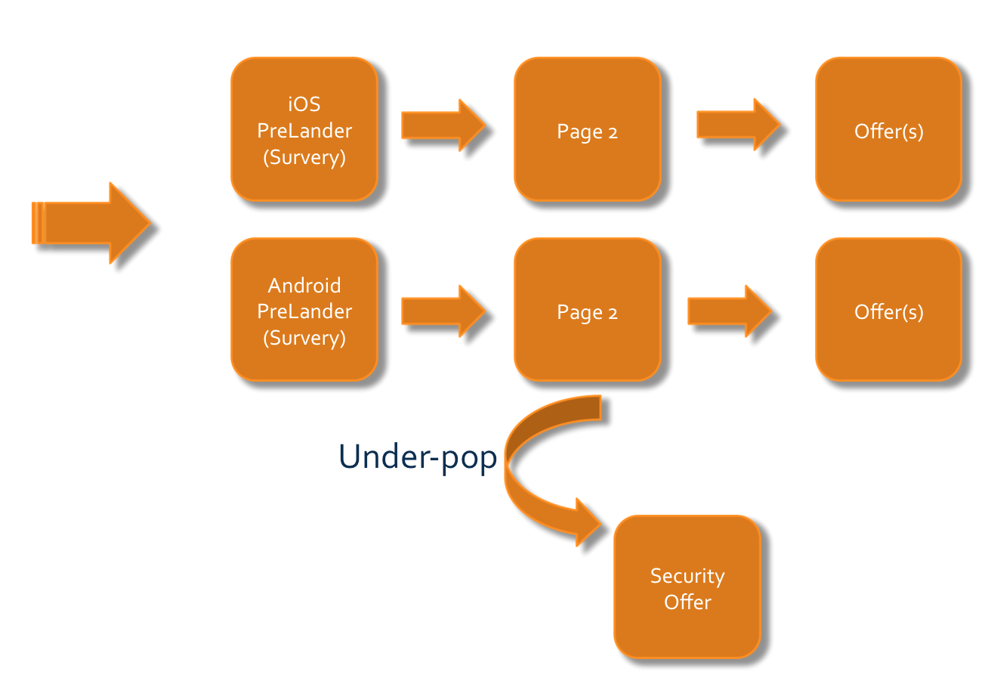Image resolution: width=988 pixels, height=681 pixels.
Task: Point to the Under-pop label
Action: pos(418,457)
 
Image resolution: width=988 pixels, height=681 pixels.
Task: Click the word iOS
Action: pos(304,105)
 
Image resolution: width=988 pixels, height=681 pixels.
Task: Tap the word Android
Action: pos(304,286)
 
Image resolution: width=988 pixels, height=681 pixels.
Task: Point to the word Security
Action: pos(687,576)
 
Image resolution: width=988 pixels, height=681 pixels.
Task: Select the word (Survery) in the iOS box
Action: pos(304,157)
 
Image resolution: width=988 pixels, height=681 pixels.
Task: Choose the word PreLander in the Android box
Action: pos(304,311)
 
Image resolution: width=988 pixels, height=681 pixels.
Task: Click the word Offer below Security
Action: pos(687,602)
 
